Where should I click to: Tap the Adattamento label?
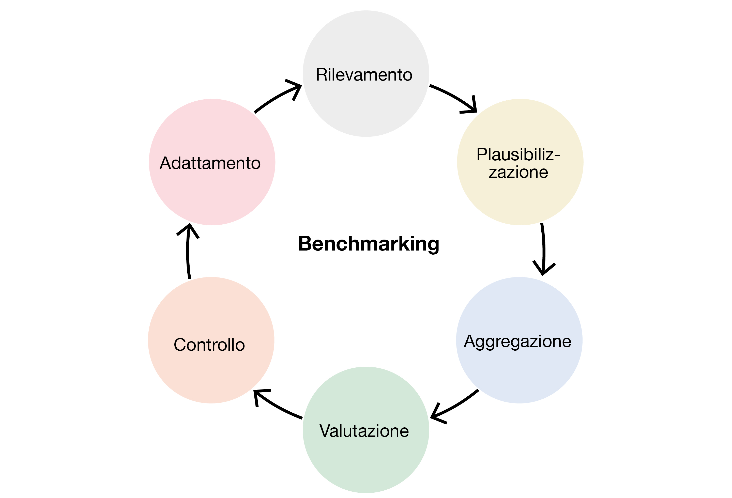tap(210, 163)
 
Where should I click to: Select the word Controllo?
tap(209, 345)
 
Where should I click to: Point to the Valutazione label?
tap(364, 431)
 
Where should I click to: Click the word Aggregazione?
tap(517, 341)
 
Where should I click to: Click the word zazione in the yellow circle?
tap(518, 172)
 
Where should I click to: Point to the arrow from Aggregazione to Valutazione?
tap(457, 404)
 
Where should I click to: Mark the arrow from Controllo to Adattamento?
tap(188, 252)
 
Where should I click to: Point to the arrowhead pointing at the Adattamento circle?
tap(189, 230)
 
